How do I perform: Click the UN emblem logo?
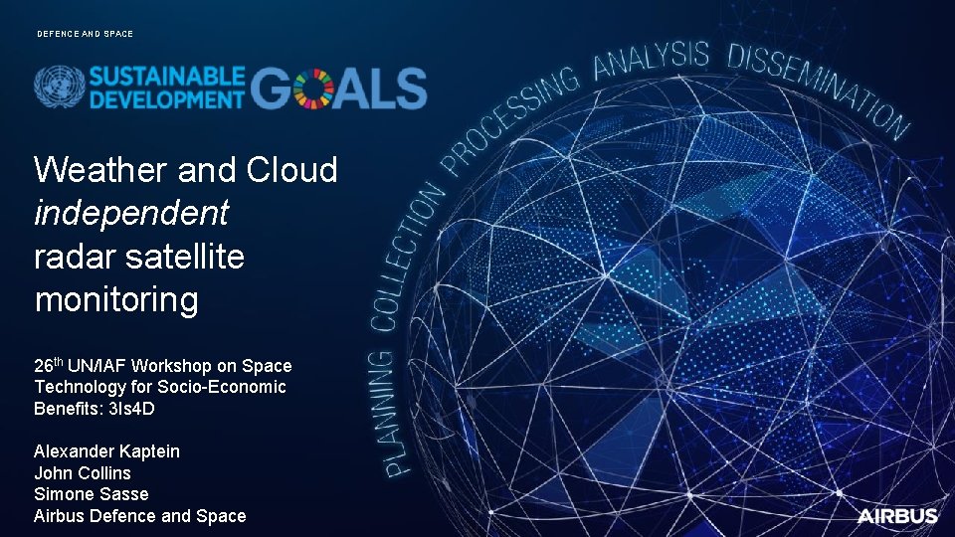[x=59, y=88]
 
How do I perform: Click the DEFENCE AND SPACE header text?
[x=85, y=34]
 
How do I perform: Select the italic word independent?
[x=131, y=213]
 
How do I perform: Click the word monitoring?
[x=116, y=299]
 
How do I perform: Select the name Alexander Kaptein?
[x=107, y=451]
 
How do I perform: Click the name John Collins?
[x=83, y=473]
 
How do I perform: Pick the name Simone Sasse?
[x=92, y=494]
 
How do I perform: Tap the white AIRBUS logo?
[x=897, y=515]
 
